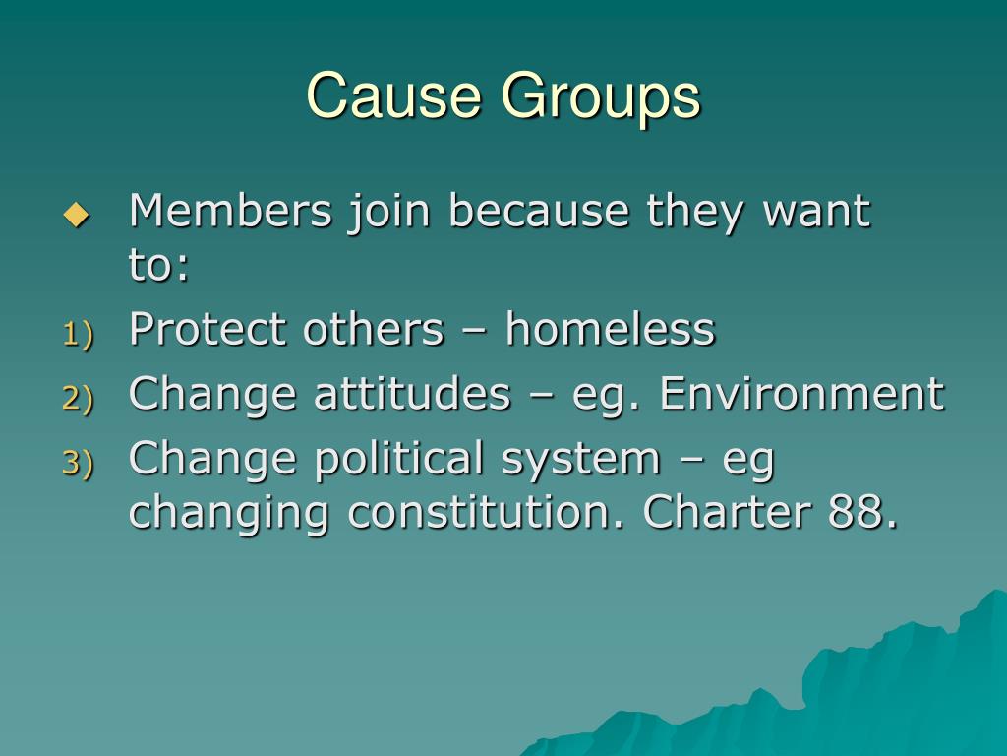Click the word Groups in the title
pyautogui.click(x=601, y=98)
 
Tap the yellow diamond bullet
pyautogui.click(x=75, y=214)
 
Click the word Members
pyautogui.click(x=230, y=211)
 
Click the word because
pyautogui.click(x=539, y=211)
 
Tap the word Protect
pyautogui.click(x=208, y=329)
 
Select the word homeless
pyautogui.click(x=610, y=329)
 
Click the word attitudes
pyautogui.click(x=412, y=394)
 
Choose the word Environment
pyautogui.click(x=801, y=394)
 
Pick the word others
pyautogui.click(x=373, y=329)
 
